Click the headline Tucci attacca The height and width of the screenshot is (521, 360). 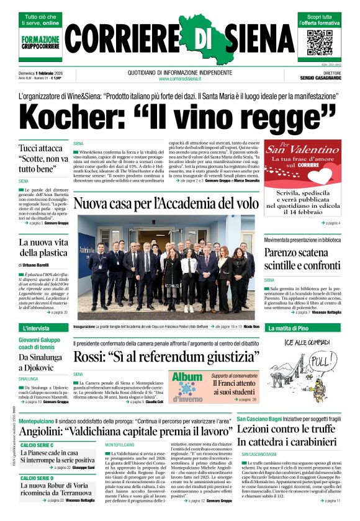pos(40,149)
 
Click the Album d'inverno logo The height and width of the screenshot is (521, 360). pos(187,386)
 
